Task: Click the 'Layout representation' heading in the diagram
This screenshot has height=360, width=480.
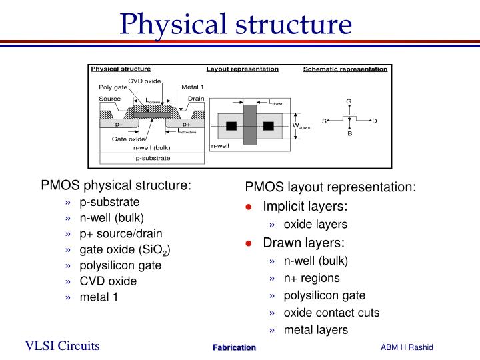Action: click(x=242, y=69)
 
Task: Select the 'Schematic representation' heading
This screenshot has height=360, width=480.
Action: click(x=345, y=69)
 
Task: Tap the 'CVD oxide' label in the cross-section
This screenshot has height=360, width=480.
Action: click(x=145, y=81)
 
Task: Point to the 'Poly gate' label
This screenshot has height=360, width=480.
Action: click(x=113, y=87)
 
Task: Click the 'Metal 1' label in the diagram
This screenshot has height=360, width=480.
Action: click(x=193, y=87)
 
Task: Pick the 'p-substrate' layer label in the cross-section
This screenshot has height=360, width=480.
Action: click(x=153, y=158)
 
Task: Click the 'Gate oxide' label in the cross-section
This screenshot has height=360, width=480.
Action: click(x=127, y=139)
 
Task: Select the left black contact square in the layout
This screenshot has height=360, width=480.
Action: click(x=231, y=126)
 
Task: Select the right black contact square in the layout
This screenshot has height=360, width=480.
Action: click(x=269, y=126)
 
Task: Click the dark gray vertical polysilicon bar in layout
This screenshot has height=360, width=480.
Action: click(x=250, y=125)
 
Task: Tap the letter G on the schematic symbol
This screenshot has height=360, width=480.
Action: click(x=348, y=101)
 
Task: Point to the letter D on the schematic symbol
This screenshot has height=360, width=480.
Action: click(x=375, y=121)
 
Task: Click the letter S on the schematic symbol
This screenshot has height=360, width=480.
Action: click(x=324, y=121)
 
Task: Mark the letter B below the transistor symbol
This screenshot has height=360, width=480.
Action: click(x=349, y=134)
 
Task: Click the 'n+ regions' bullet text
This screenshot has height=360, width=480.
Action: click(x=311, y=278)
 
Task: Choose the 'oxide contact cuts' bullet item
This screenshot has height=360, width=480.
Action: click(x=331, y=313)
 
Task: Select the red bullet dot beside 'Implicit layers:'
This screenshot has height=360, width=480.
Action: click(x=248, y=207)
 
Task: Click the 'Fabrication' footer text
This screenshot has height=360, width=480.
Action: click(x=234, y=347)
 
